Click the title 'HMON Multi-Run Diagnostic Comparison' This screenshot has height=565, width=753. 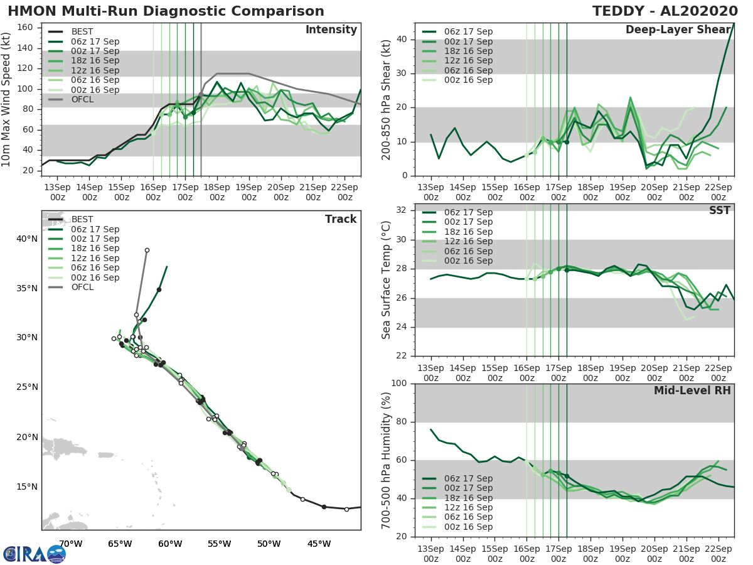tap(166, 11)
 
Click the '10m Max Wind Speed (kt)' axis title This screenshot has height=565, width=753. tap(6, 99)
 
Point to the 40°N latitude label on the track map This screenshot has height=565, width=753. tap(27, 239)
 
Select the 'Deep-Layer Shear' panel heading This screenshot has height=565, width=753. tap(678, 30)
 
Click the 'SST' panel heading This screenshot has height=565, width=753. tap(719, 210)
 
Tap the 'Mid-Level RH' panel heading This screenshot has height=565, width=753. tap(692, 391)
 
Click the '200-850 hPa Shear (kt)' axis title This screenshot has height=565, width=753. tap(387, 99)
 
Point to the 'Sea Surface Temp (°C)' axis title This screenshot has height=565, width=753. tap(387, 280)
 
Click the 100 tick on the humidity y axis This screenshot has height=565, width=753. tap(400, 384)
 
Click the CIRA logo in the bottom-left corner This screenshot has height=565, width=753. tap(34, 554)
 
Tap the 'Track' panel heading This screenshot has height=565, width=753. tap(341, 219)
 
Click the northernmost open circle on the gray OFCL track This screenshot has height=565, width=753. tap(147, 250)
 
